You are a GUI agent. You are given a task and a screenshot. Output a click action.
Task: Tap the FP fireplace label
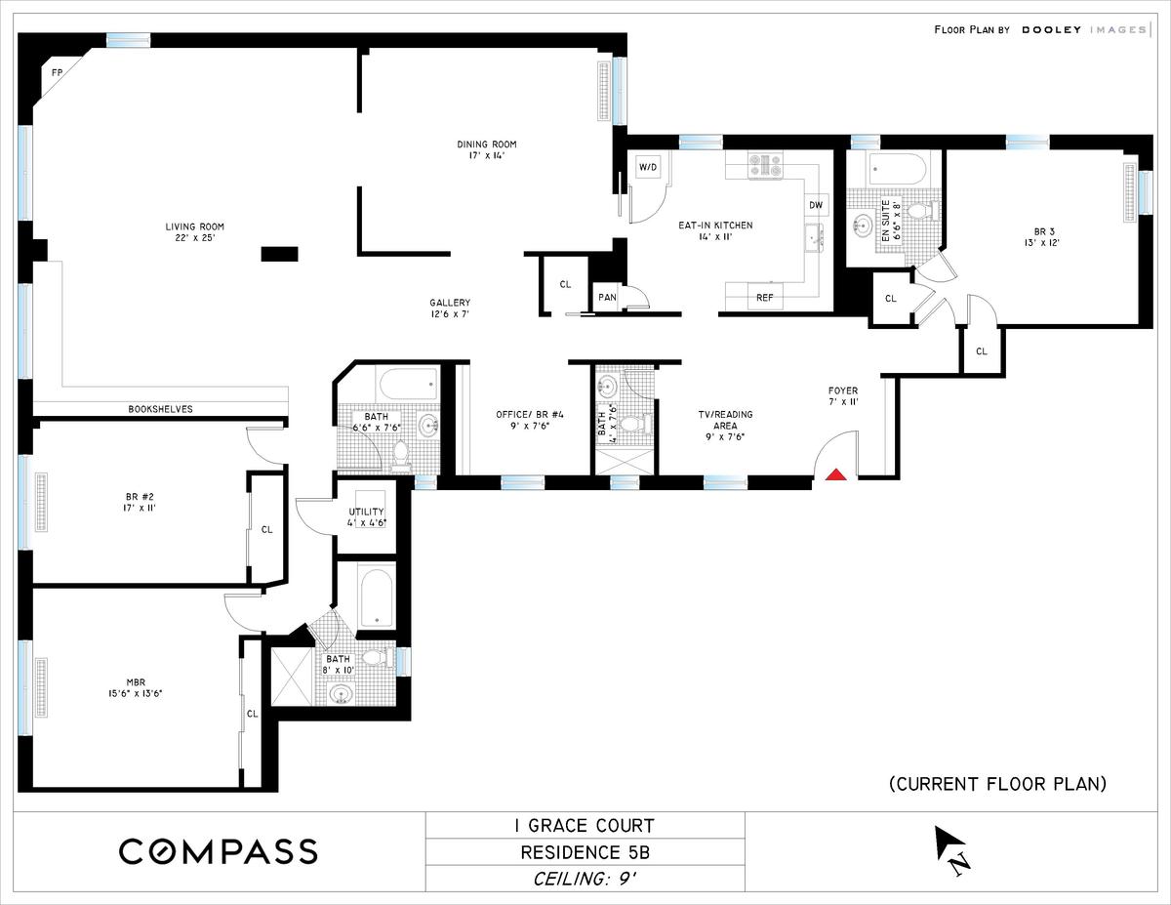(x=57, y=73)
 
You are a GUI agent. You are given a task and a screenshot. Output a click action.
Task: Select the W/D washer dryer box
(x=648, y=168)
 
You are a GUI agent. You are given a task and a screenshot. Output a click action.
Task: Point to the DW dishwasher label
(x=816, y=205)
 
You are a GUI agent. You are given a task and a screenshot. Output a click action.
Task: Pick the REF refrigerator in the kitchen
(x=765, y=297)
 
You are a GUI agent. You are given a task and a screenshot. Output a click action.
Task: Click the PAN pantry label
(x=607, y=297)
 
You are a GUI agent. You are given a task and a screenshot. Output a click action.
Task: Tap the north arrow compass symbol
(x=951, y=850)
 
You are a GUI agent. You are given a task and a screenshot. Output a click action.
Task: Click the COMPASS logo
(x=219, y=851)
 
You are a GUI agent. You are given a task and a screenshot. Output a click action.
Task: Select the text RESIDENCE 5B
(x=585, y=852)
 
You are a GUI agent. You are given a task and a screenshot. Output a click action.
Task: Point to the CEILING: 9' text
(x=585, y=879)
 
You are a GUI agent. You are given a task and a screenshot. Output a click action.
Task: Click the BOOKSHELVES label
(x=161, y=409)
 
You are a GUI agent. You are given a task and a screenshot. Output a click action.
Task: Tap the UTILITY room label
(x=367, y=512)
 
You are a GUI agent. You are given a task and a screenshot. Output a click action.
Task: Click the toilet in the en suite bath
(x=921, y=210)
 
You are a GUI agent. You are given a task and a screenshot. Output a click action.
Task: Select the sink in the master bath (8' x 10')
(x=340, y=694)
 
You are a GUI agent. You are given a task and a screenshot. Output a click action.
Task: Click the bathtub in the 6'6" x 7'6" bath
(x=409, y=384)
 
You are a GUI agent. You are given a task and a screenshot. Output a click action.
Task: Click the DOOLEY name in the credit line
(x=1051, y=29)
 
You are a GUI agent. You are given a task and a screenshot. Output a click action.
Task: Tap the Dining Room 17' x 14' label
(x=487, y=149)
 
